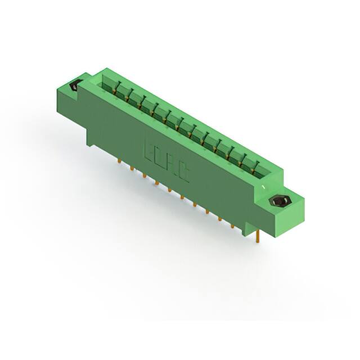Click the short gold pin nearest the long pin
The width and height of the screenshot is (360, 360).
click(x=232, y=226)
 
